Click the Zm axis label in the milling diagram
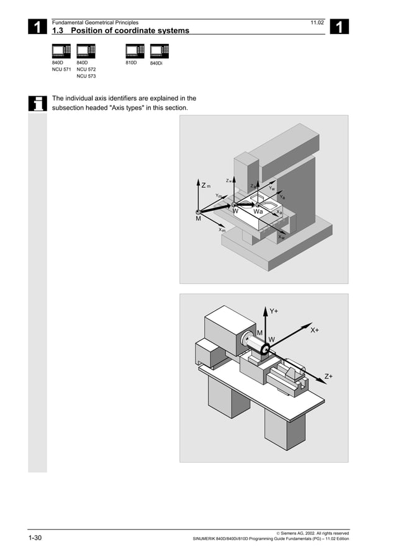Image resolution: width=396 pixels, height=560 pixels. [x=206, y=185]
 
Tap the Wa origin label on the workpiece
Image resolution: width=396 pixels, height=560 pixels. [x=258, y=211]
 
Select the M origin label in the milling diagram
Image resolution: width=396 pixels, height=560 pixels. [x=198, y=218]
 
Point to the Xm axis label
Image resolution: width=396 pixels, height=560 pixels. [x=222, y=230]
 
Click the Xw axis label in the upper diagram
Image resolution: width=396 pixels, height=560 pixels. [x=281, y=236]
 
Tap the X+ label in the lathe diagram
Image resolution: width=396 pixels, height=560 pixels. [x=315, y=331]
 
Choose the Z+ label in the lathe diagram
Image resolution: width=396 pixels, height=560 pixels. [x=328, y=376]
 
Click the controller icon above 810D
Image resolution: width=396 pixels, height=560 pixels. [x=135, y=51]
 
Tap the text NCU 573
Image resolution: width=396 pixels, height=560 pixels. [x=86, y=77]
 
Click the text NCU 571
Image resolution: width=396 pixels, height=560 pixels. [x=61, y=70]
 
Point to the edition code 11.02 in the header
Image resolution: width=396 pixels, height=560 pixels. [x=317, y=22]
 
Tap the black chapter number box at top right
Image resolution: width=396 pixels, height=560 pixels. [x=340, y=27]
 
